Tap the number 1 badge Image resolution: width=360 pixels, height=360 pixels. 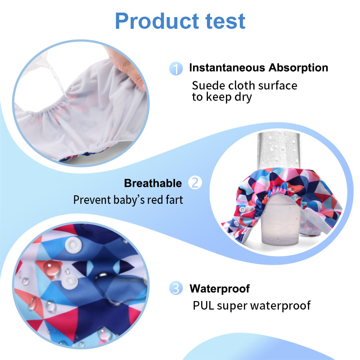[176, 69]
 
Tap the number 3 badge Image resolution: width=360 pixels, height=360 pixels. [176, 288]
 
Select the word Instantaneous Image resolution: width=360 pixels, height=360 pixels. [227, 68]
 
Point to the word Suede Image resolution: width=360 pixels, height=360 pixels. [207, 85]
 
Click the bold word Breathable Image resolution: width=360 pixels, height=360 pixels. [153, 183]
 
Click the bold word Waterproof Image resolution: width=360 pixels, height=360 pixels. [219, 288]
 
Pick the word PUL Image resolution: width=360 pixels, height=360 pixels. [203, 306]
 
